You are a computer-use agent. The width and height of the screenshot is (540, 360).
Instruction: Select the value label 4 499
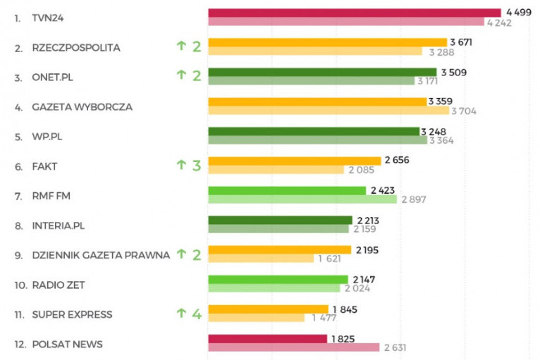click(x=518, y=13)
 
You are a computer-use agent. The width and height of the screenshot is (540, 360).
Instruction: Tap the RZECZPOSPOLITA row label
click(x=76, y=48)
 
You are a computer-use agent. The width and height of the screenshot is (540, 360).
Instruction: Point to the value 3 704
click(x=465, y=111)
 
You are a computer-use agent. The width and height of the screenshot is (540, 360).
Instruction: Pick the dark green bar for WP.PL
click(x=314, y=131)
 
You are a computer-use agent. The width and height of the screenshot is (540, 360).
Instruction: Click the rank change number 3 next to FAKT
click(x=197, y=166)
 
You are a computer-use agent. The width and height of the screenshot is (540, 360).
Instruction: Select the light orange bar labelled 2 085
click(x=276, y=170)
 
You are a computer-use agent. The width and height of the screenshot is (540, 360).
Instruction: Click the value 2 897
click(x=415, y=200)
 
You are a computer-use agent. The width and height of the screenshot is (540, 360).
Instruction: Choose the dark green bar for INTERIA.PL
click(x=280, y=221)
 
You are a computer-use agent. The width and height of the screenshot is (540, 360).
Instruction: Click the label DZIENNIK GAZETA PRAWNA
click(x=101, y=255)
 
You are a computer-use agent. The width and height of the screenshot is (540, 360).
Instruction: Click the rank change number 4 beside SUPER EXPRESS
click(x=197, y=314)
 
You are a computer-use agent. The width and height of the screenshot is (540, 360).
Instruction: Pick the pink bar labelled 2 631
click(x=294, y=347)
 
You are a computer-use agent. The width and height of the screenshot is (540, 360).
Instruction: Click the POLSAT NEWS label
click(x=67, y=345)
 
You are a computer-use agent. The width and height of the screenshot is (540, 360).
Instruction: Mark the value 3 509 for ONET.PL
click(x=453, y=72)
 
